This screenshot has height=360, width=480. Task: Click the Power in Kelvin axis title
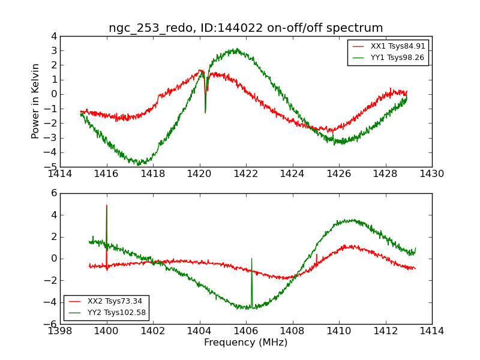36,101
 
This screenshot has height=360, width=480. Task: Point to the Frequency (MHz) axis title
245,343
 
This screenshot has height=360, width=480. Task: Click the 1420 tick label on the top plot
199,173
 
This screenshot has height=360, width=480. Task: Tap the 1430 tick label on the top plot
431,173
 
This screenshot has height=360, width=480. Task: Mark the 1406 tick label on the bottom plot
246,331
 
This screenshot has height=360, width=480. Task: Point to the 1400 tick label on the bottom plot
107,331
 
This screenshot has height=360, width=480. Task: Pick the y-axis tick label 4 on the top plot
54,36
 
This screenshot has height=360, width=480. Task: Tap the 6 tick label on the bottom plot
54,193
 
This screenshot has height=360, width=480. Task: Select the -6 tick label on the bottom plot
52,324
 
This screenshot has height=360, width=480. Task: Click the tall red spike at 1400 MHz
107,207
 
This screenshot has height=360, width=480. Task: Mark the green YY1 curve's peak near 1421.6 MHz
236,50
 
